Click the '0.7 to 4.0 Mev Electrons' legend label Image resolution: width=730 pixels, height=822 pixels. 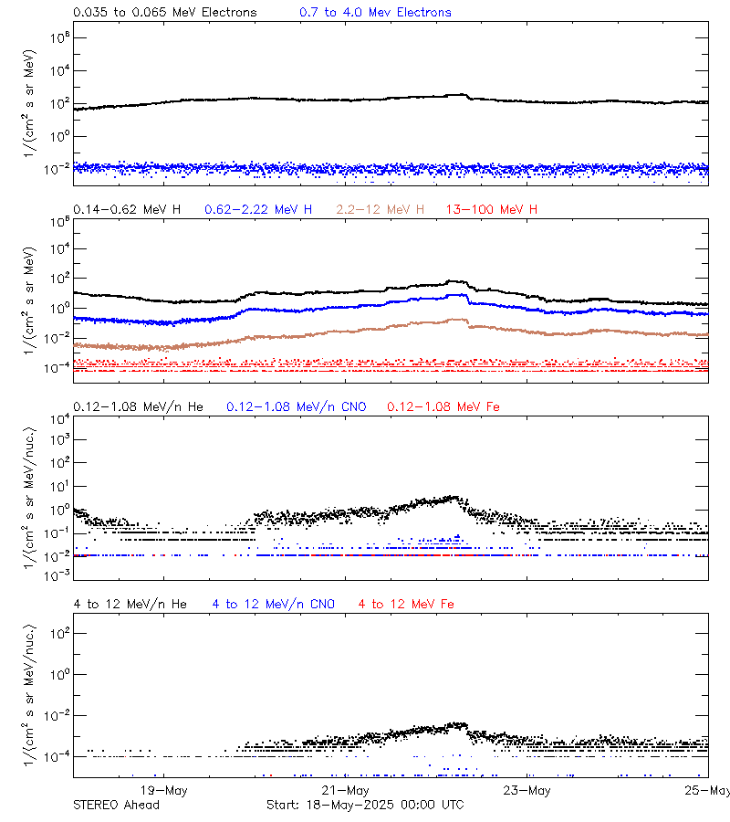coord(375,12)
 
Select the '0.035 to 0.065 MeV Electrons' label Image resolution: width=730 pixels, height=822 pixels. coord(165,12)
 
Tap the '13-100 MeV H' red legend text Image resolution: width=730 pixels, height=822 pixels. coord(492,209)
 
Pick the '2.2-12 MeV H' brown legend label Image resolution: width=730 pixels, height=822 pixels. coord(380,209)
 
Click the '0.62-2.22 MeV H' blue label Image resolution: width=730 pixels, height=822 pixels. coord(258,209)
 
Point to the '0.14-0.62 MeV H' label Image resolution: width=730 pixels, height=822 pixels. coord(127,209)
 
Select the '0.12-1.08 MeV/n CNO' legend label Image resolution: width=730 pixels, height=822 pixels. coord(297,406)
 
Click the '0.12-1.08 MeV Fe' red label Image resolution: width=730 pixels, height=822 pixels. coord(443,406)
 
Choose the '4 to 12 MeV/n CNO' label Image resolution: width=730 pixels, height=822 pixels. coord(274,604)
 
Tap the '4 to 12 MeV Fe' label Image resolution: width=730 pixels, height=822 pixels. coord(406,604)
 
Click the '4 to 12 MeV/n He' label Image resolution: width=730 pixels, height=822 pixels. coord(130,604)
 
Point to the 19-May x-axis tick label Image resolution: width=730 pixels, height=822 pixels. coord(163,790)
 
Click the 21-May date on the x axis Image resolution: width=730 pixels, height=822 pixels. coord(346,790)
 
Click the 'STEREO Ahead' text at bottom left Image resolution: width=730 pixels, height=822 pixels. coord(116,805)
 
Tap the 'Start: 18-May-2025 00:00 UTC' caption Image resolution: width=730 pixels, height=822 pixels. coord(364,805)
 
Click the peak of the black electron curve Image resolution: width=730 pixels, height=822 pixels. coord(462,94)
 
